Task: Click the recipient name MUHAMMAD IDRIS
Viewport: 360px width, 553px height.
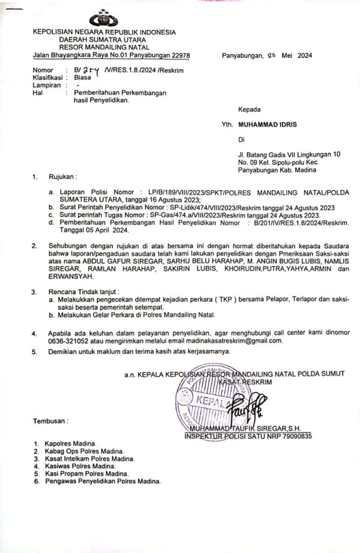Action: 271,124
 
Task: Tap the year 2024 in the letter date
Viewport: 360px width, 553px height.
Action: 304,55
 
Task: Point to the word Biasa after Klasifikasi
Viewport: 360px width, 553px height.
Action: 83,77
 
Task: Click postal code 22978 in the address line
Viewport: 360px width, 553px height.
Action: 179,55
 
